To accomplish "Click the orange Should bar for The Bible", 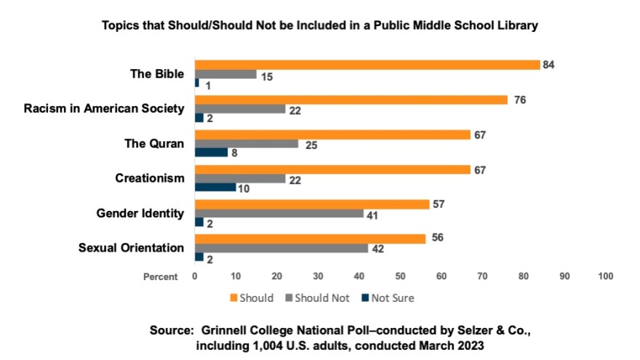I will [x=367, y=65].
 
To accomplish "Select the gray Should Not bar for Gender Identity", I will [x=279, y=214].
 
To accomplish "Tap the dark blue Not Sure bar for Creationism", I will [x=215, y=188].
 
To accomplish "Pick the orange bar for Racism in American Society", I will [x=351, y=100].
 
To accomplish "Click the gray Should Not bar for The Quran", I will [x=247, y=144].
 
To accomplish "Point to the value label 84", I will [x=549, y=65].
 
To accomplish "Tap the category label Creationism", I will [x=150, y=178].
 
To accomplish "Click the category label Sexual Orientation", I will [x=131, y=248].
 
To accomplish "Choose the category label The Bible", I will [x=156, y=73].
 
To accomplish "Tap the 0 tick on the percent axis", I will [x=195, y=276].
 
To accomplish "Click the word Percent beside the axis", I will [x=159, y=277].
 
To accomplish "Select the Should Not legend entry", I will [x=323, y=297].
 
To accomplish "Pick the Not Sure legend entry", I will [x=392, y=297].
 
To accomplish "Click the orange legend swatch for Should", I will [x=233, y=297].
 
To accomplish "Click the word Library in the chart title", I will [x=516, y=25].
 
